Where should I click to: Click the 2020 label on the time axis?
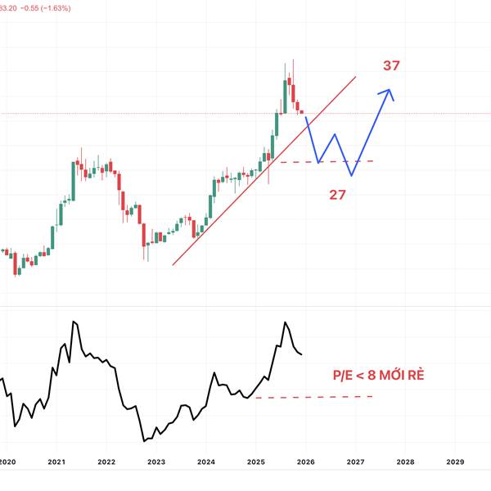coord(7,462)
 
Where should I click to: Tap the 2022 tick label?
coord(106,462)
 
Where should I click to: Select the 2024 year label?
coord(205,462)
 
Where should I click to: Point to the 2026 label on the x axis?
coord(305,462)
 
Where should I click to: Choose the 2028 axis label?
coord(405,462)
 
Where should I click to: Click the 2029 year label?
coord(455,462)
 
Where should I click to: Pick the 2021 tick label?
coord(56,462)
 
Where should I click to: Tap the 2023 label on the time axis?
coord(156,462)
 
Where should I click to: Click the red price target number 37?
coord(391,65)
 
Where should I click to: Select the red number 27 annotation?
coord(337,196)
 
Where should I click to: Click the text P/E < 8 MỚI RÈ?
coord(378,376)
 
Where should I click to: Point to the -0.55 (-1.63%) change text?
coord(47,7)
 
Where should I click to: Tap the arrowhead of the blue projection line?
coord(390,90)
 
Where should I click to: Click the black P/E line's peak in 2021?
coord(74,322)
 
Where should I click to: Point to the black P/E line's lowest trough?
coord(144,441)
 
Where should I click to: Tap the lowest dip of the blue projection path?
coord(351,175)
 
